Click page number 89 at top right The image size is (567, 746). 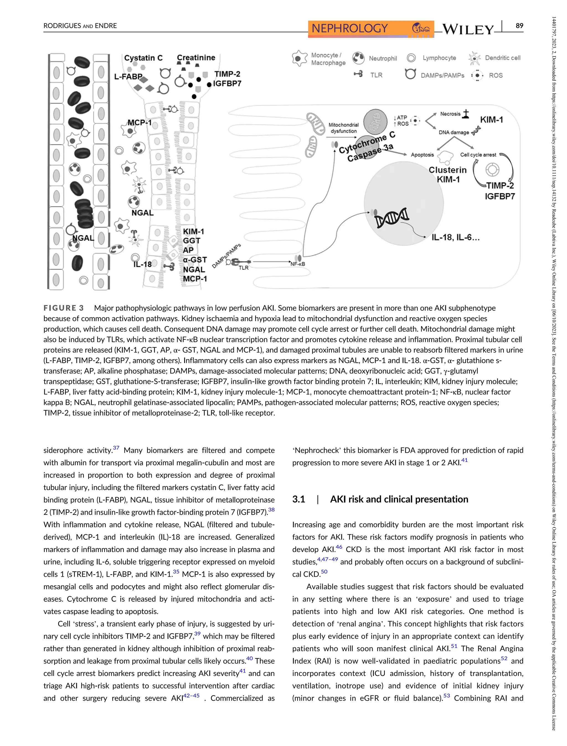pyautogui.click(x=519, y=26)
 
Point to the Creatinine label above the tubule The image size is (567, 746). pyautogui.click(x=196, y=57)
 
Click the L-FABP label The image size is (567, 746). pyautogui.click(x=128, y=77)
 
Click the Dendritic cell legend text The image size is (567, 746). pyautogui.click(x=502, y=58)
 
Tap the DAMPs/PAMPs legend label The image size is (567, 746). pyautogui.click(x=442, y=75)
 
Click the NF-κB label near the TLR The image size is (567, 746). pyautogui.click(x=298, y=264)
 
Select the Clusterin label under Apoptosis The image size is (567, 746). pyautogui.click(x=447, y=170)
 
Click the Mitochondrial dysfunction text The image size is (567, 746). pyautogui.click(x=344, y=128)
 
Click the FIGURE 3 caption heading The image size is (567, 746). pyautogui.click(x=63, y=308)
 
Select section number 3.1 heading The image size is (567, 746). pyautogui.click(x=298, y=499)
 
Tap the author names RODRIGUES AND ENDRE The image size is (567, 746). pyautogui.click(x=80, y=26)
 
